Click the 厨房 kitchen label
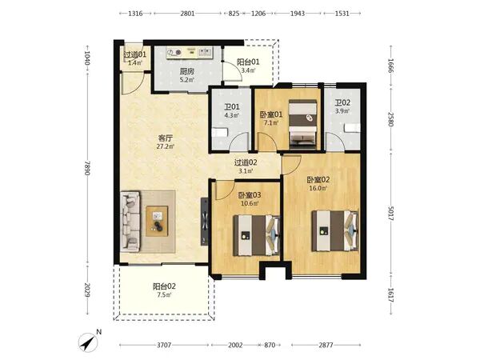pyautogui.click(x=186, y=71)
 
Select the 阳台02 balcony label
pyautogui.click(x=164, y=286)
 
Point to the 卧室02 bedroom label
pyautogui.click(x=318, y=180)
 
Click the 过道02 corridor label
pyautogui.click(x=246, y=162)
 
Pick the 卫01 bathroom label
pyautogui.click(x=232, y=107)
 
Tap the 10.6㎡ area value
pyautogui.click(x=250, y=203)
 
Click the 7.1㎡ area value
pyautogui.click(x=271, y=122)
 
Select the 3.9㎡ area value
pyautogui.click(x=342, y=111)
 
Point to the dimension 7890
pyautogui.click(x=87, y=168)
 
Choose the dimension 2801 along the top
pyautogui.click(x=187, y=14)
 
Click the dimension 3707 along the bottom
pyautogui.click(x=164, y=346)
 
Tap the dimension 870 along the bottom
pyautogui.click(x=270, y=346)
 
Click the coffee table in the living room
pyautogui.click(x=157, y=222)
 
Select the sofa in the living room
pyautogui.click(x=130, y=222)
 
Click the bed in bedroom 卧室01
pyautogui.click(x=302, y=124)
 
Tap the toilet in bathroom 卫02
pyautogui.click(x=352, y=128)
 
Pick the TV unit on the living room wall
pyautogui.click(x=205, y=222)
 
